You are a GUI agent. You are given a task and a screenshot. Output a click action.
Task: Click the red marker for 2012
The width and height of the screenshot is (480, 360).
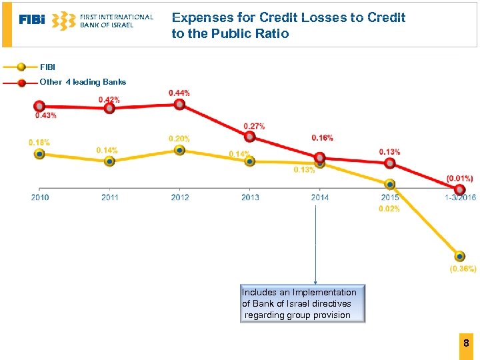[x=179, y=105]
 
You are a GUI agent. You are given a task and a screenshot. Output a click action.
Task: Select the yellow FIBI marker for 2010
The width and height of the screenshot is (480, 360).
[x=39, y=154]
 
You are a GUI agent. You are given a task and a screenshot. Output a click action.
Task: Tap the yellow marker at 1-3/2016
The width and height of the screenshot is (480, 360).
[x=460, y=256]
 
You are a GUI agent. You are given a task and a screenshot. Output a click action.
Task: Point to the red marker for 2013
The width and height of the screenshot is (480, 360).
[x=250, y=137]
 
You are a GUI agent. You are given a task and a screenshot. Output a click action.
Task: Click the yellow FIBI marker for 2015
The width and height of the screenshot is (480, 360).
[x=390, y=184]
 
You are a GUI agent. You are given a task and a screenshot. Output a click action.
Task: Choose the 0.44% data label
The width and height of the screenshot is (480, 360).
[x=179, y=93]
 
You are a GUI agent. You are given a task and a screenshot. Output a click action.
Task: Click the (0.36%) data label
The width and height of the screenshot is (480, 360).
[x=463, y=269]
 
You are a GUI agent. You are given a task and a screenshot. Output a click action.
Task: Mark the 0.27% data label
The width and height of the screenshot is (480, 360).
[x=254, y=126]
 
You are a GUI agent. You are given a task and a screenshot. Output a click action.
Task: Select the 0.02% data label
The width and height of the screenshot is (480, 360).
[x=389, y=209]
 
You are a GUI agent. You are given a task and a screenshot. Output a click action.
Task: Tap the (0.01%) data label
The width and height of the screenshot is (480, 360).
[x=460, y=178]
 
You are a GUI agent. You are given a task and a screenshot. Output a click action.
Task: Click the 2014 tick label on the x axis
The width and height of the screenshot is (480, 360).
[x=319, y=197]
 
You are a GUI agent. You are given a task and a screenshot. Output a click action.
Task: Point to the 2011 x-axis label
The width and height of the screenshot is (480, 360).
[x=110, y=197]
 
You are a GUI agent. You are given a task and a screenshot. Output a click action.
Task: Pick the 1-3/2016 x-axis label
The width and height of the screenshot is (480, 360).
[x=459, y=197]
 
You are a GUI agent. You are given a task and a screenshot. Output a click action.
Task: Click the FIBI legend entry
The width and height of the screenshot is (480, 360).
[x=48, y=67]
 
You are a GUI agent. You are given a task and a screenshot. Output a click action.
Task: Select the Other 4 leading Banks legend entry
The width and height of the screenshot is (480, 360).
[x=83, y=82]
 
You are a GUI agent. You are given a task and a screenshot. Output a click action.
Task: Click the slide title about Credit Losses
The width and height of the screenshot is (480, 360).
[x=288, y=25]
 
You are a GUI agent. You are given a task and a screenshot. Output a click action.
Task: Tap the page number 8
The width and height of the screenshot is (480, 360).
[x=467, y=343]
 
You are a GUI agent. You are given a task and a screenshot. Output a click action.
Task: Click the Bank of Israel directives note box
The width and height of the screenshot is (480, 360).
[x=303, y=304]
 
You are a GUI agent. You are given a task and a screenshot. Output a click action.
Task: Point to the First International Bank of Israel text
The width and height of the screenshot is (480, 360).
[x=116, y=21]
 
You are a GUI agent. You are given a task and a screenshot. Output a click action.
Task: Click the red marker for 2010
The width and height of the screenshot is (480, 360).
[x=39, y=106]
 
